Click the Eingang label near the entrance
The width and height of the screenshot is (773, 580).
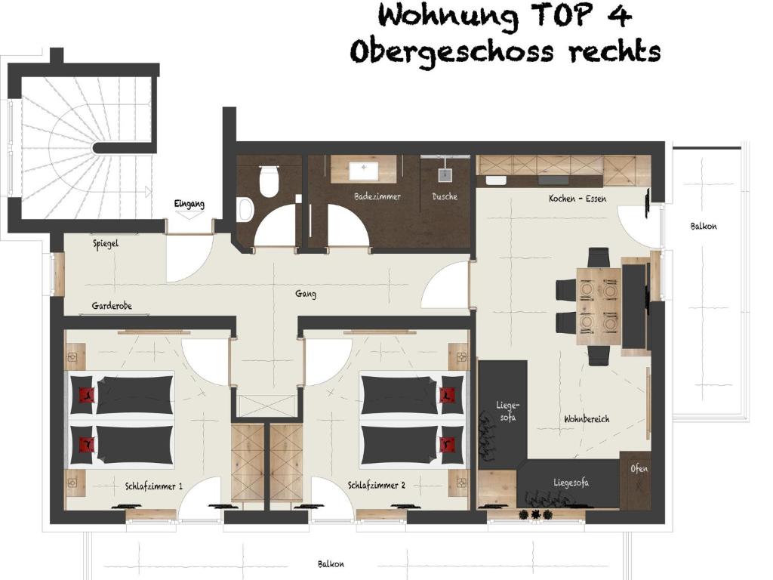coord(189,204)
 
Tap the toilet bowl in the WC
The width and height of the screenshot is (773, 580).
coord(269,181)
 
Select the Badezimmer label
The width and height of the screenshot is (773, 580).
coord(377,196)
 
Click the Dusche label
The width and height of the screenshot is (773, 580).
coord(445,196)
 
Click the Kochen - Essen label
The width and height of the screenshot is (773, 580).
coord(577,199)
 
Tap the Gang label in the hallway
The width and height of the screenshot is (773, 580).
coord(306,294)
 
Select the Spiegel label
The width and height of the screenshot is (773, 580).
coord(106,244)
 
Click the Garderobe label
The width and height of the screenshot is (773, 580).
coord(112,306)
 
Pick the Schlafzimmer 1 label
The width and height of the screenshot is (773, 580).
coord(154,486)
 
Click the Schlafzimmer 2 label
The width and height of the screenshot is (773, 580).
coord(377,486)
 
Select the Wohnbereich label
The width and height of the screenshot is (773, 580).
coord(587,419)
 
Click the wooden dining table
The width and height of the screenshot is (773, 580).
coord(599,306)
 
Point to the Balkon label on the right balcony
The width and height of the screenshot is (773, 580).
coord(704,227)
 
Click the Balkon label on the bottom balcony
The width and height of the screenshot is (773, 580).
coord(331,563)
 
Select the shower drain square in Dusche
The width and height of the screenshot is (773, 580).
coord(445,175)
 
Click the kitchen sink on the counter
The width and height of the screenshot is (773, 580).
coord(495,180)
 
